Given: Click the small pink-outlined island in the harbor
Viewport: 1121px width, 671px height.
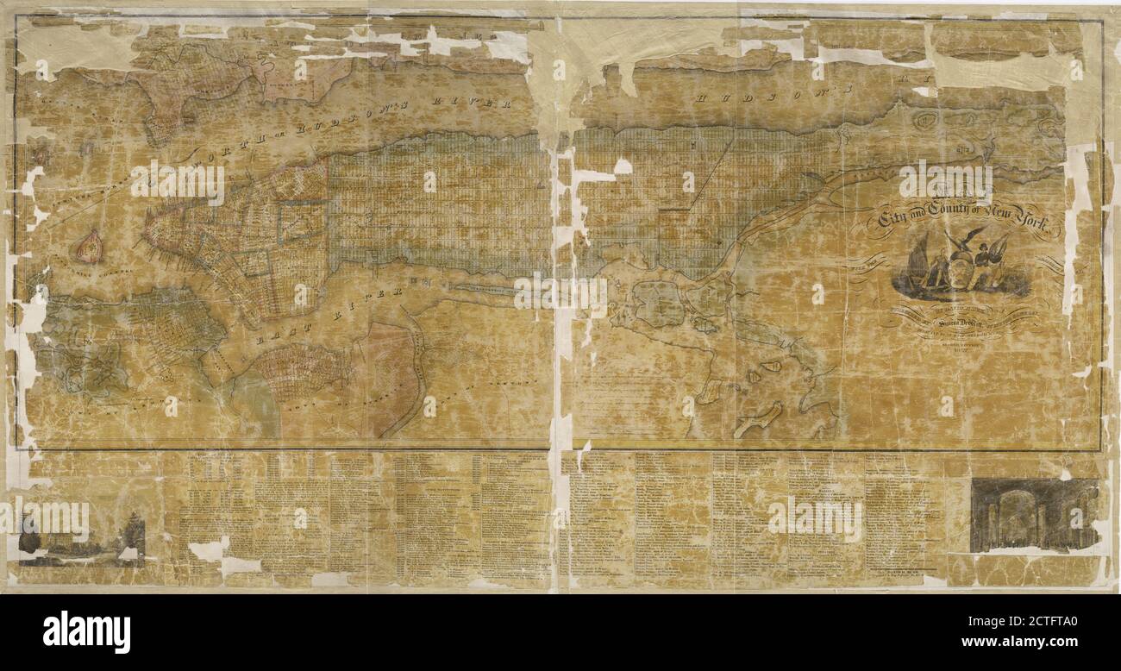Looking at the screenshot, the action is [88, 248].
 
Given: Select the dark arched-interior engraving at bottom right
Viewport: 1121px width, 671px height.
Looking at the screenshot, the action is [1033, 515].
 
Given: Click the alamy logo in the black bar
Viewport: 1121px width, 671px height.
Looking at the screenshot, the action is [86, 631].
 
